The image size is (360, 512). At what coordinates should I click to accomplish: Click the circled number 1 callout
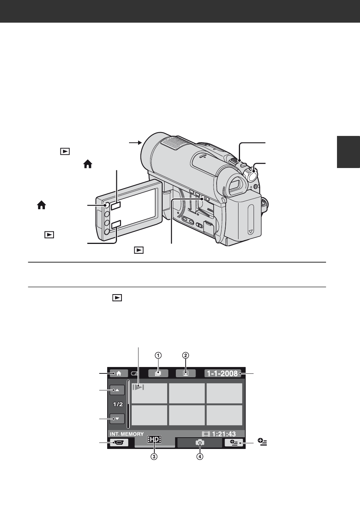[x=158, y=355]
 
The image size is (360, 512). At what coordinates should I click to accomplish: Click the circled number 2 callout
[x=186, y=355]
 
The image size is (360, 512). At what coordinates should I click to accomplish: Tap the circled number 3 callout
[x=154, y=456]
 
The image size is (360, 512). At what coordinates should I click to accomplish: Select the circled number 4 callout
[x=200, y=456]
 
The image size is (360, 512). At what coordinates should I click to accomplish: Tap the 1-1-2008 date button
[x=223, y=373]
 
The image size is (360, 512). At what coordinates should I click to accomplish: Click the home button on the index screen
[x=119, y=373]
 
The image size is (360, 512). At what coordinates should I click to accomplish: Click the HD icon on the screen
[x=154, y=439]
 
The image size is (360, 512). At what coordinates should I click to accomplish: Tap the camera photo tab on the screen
[x=200, y=443]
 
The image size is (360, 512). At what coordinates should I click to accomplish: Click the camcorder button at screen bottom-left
[x=119, y=443]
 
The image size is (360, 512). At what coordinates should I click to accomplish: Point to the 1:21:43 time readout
[x=219, y=434]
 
